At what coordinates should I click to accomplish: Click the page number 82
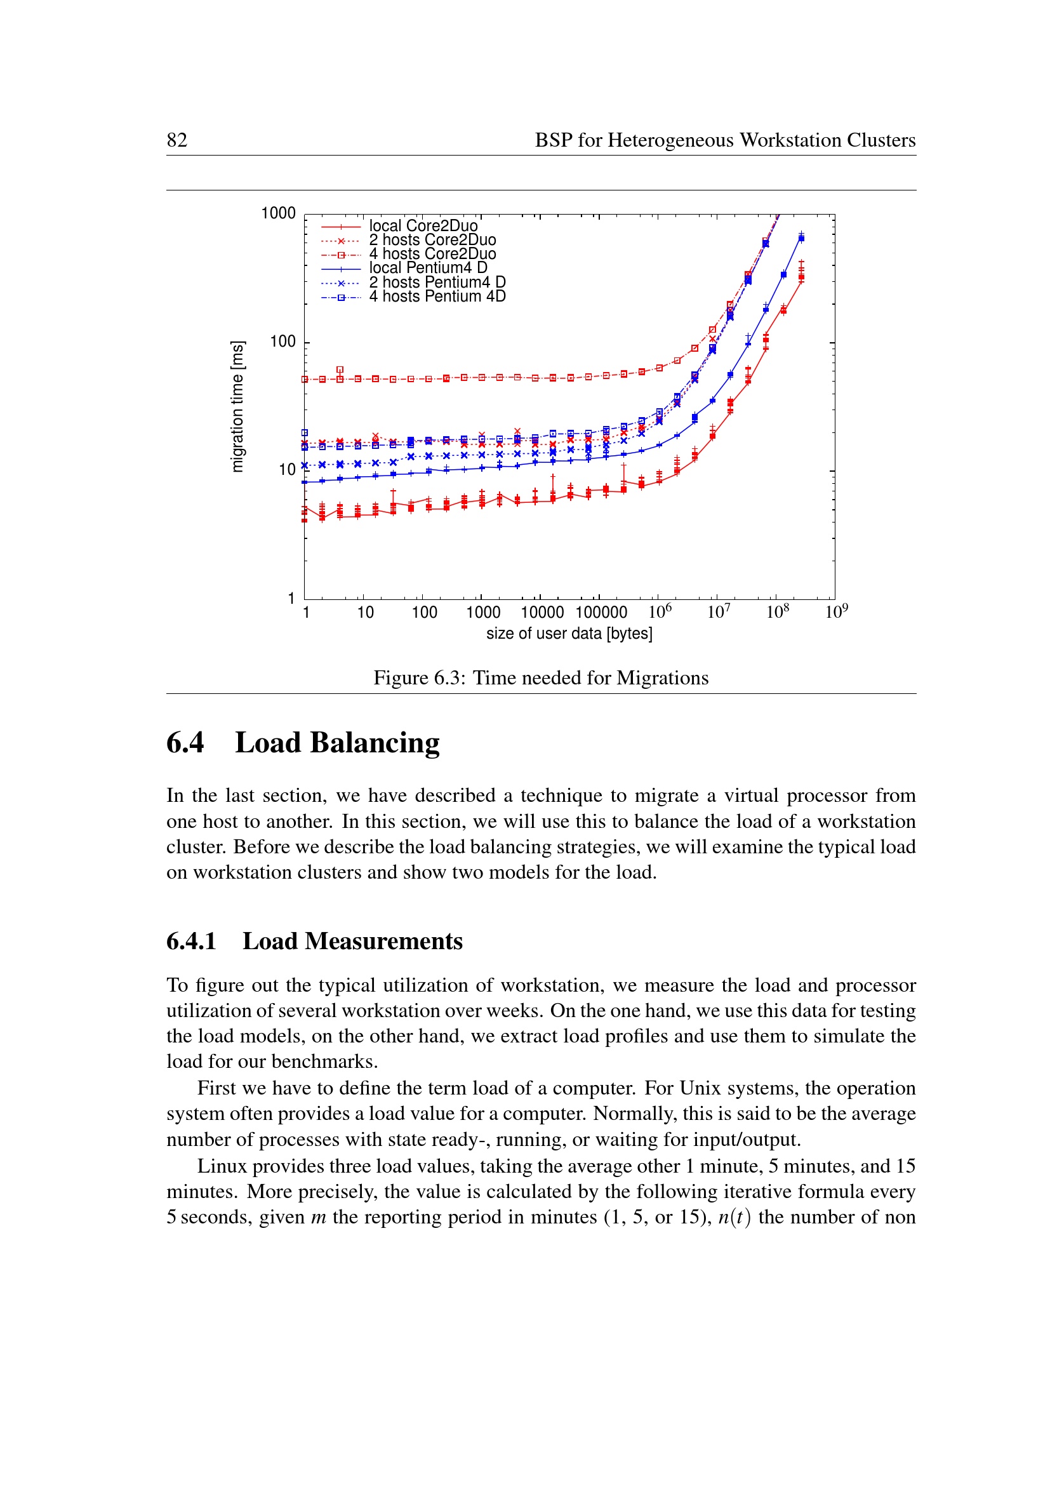click(177, 140)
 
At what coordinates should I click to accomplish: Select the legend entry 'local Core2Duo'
click(423, 226)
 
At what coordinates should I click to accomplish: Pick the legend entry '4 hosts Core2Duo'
click(432, 254)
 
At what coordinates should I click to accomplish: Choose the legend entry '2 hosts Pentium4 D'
click(437, 283)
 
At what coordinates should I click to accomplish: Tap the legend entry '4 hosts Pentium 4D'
click(437, 297)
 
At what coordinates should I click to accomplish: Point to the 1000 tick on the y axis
click(278, 213)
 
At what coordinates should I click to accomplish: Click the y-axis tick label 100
click(282, 342)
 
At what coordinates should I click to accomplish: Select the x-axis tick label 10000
click(542, 613)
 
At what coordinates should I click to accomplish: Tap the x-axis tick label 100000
click(601, 613)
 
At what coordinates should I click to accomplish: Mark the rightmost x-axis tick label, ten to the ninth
click(836, 611)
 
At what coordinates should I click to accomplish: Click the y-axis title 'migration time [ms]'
click(238, 406)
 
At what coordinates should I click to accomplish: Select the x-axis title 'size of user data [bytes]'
click(569, 634)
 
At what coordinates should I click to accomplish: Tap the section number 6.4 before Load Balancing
click(185, 743)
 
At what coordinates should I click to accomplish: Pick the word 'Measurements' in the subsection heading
click(383, 941)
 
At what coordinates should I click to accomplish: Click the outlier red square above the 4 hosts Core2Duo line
click(340, 370)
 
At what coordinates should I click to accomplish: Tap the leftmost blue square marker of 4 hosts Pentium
click(305, 433)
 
